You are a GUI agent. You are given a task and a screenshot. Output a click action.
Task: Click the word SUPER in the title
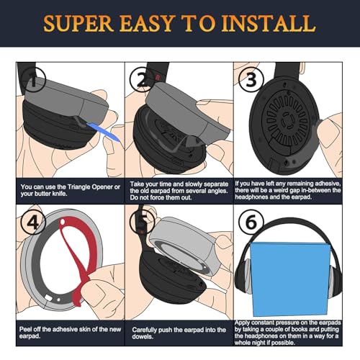point(78,23)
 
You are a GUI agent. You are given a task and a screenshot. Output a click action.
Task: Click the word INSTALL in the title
point(269,23)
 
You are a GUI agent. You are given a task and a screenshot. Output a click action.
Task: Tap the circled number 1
point(33,80)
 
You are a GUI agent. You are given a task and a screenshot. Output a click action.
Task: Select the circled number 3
point(251,79)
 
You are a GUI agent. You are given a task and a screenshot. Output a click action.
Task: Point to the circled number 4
point(33,222)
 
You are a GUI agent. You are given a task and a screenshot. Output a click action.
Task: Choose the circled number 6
point(251,222)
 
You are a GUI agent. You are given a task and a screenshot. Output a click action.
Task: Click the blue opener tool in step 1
point(103,132)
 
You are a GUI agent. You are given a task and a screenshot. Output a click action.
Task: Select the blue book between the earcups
point(290,279)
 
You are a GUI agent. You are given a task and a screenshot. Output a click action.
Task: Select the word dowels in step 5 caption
point(142,336)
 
